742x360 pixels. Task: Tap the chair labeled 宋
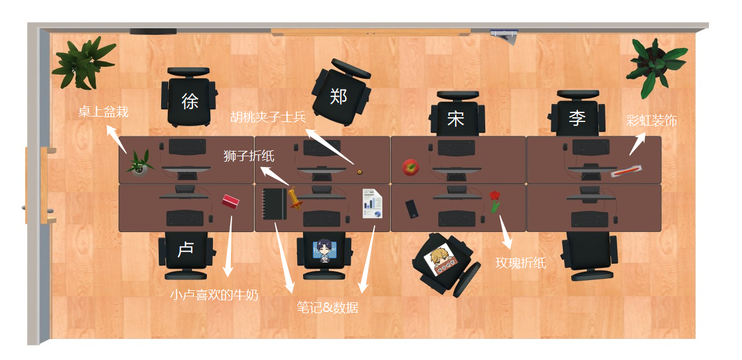456,116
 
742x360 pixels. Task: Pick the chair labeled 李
577,115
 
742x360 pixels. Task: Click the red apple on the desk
411,167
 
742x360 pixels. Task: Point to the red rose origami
494,201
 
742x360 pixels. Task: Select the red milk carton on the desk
230,201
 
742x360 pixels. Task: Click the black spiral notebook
275,204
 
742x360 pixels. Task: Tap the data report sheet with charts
372,204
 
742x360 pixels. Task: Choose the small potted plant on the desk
140,163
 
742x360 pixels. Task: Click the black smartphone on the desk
412,209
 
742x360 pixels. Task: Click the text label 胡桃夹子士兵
268,116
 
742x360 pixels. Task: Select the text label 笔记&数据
327,308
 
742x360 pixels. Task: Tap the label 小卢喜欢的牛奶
213,294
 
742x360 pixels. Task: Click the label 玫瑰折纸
521,263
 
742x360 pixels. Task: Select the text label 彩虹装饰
651,121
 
